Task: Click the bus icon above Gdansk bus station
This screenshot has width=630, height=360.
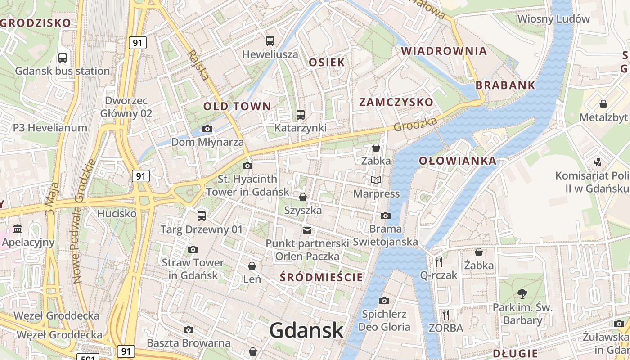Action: [63, 58]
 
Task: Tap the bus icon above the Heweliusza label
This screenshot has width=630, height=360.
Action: [270, 41]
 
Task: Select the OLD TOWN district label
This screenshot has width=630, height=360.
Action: [237, 107]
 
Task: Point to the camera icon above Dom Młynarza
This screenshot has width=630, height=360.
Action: [207, 129]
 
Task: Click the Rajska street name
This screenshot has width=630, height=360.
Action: [198, 65]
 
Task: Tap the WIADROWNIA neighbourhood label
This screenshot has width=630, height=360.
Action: [444, 51]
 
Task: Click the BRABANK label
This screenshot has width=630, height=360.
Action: [505, 85]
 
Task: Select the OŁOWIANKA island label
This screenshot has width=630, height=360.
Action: [458, 161]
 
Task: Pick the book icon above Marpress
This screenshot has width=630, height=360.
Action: [376, 180]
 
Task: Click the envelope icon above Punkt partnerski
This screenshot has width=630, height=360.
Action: [307, 230]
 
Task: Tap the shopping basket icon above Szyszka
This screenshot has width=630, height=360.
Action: [303, 197]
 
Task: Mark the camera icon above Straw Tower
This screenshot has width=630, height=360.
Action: [193, 249]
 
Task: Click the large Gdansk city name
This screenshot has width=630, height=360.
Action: [306, 331]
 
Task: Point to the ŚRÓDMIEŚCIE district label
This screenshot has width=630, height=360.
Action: [321, 277]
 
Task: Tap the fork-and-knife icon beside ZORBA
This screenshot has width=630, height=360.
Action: [446, 314]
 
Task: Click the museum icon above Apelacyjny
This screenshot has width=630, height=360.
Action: [18, 229]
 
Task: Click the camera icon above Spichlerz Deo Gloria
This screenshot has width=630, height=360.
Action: [384, 301]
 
